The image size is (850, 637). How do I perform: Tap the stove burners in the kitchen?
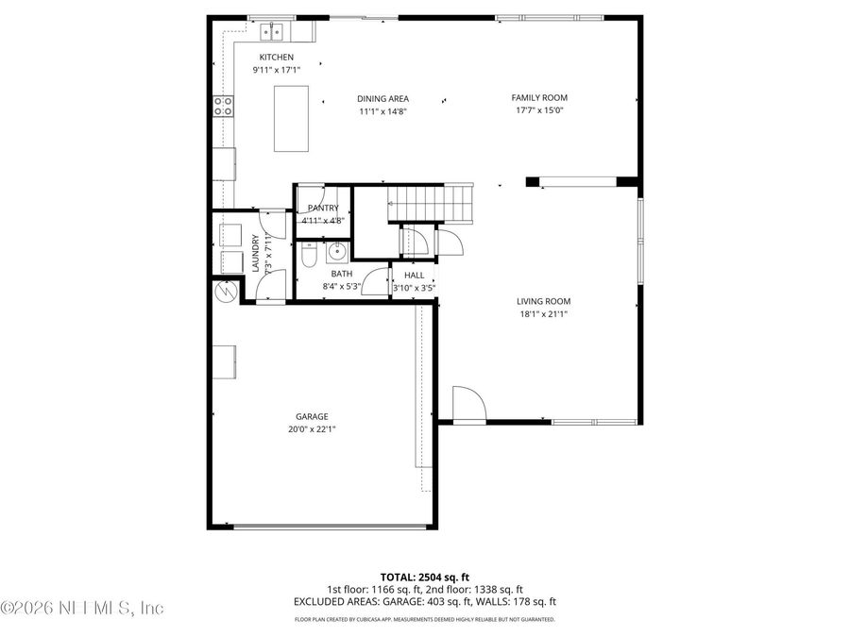click(x=224, y=107)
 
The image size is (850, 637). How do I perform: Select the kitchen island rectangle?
click(x=291, y=118)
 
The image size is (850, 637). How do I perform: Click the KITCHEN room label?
click(x=263, y=58)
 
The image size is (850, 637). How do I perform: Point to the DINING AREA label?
click(x=382, y=98)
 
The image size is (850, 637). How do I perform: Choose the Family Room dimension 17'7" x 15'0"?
click(x=539, y=110)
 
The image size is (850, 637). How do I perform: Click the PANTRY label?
click(x=322, y=208)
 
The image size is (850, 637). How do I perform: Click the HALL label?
click(x=414, y=276)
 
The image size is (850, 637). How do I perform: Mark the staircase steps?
click(x=431, y=202)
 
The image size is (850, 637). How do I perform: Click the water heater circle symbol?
click(x=225, y=291)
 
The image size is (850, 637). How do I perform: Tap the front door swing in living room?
click(x=467, y=403)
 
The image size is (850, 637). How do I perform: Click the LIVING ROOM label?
click(x=544, y=302)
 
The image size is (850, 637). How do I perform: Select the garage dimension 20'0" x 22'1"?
click(x=312, y=428)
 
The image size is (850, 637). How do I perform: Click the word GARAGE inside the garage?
click(x=312, y=416)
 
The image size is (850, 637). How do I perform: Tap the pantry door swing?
click(x=312, y=192)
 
